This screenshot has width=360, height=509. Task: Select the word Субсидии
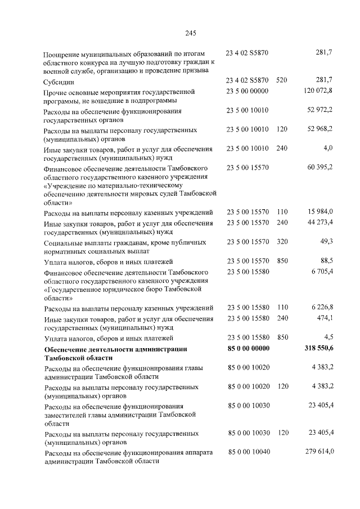click(59, 82)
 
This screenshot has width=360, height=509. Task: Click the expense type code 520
click(282, 81)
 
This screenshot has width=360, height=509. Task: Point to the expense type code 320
click(282, 242)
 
